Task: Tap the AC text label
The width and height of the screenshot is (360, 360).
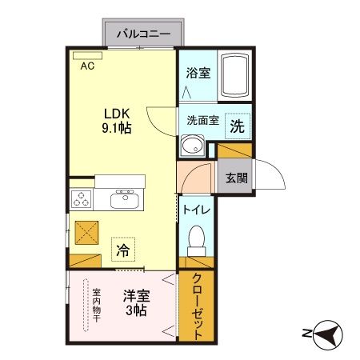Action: (x=86, y=67)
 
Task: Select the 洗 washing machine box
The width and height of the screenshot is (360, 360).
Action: (x=238, y=125)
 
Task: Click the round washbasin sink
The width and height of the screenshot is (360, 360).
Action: (x=193, y=146)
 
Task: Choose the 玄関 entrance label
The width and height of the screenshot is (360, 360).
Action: (x=234, y=178)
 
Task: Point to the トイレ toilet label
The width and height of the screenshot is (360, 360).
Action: (x=197, y=210)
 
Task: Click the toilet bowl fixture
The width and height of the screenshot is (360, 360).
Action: (x=196, y=239)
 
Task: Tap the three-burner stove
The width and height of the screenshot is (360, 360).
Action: (x=82, y=199)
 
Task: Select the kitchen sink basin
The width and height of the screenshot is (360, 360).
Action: (x=125, y=198)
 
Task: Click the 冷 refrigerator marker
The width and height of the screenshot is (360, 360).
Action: (x=122, y=250)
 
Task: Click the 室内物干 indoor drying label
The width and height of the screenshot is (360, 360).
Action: (x=97, y=305)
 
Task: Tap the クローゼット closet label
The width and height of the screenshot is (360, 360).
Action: (x=197, y=308)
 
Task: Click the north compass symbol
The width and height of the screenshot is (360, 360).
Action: (x=327, y=333)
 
